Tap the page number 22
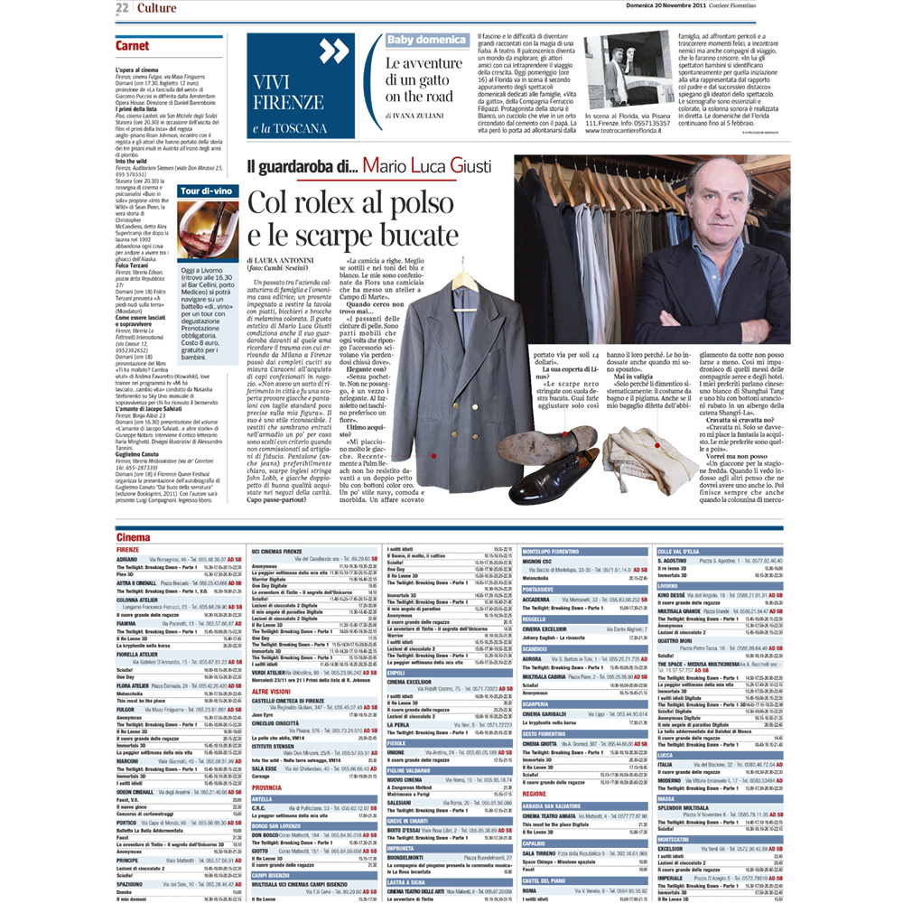point(122,8)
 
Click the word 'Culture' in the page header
point(157,8)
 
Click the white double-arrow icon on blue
point(333,51)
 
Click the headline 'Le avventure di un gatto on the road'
point(424,79)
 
